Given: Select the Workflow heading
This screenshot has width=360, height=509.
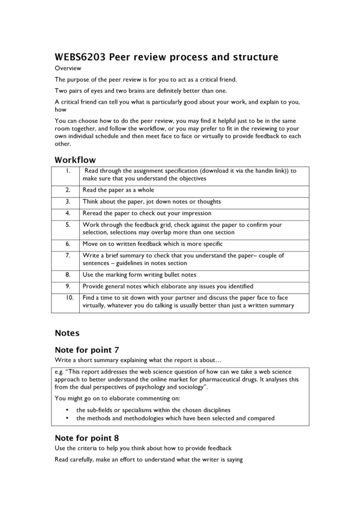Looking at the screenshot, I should tap(75, 159).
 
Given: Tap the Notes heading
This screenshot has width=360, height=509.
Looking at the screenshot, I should tap(67, 332).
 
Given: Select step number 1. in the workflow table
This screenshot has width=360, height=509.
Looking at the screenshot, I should tap(68, 170).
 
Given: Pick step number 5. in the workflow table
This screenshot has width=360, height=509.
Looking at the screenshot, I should tap(68, 225).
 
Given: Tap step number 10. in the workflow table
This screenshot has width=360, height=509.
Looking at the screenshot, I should tap(69, 297).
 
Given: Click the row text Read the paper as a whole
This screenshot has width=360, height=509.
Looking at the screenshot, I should tap(118, 189).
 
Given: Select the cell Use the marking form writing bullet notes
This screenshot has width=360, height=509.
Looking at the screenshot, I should tap(139, 275).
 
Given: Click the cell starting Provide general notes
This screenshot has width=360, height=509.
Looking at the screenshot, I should tap(168, 286).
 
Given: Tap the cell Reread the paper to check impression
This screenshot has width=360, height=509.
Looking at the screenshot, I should tap(147, 213).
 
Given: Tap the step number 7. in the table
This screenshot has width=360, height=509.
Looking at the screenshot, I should tap(68, 255).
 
